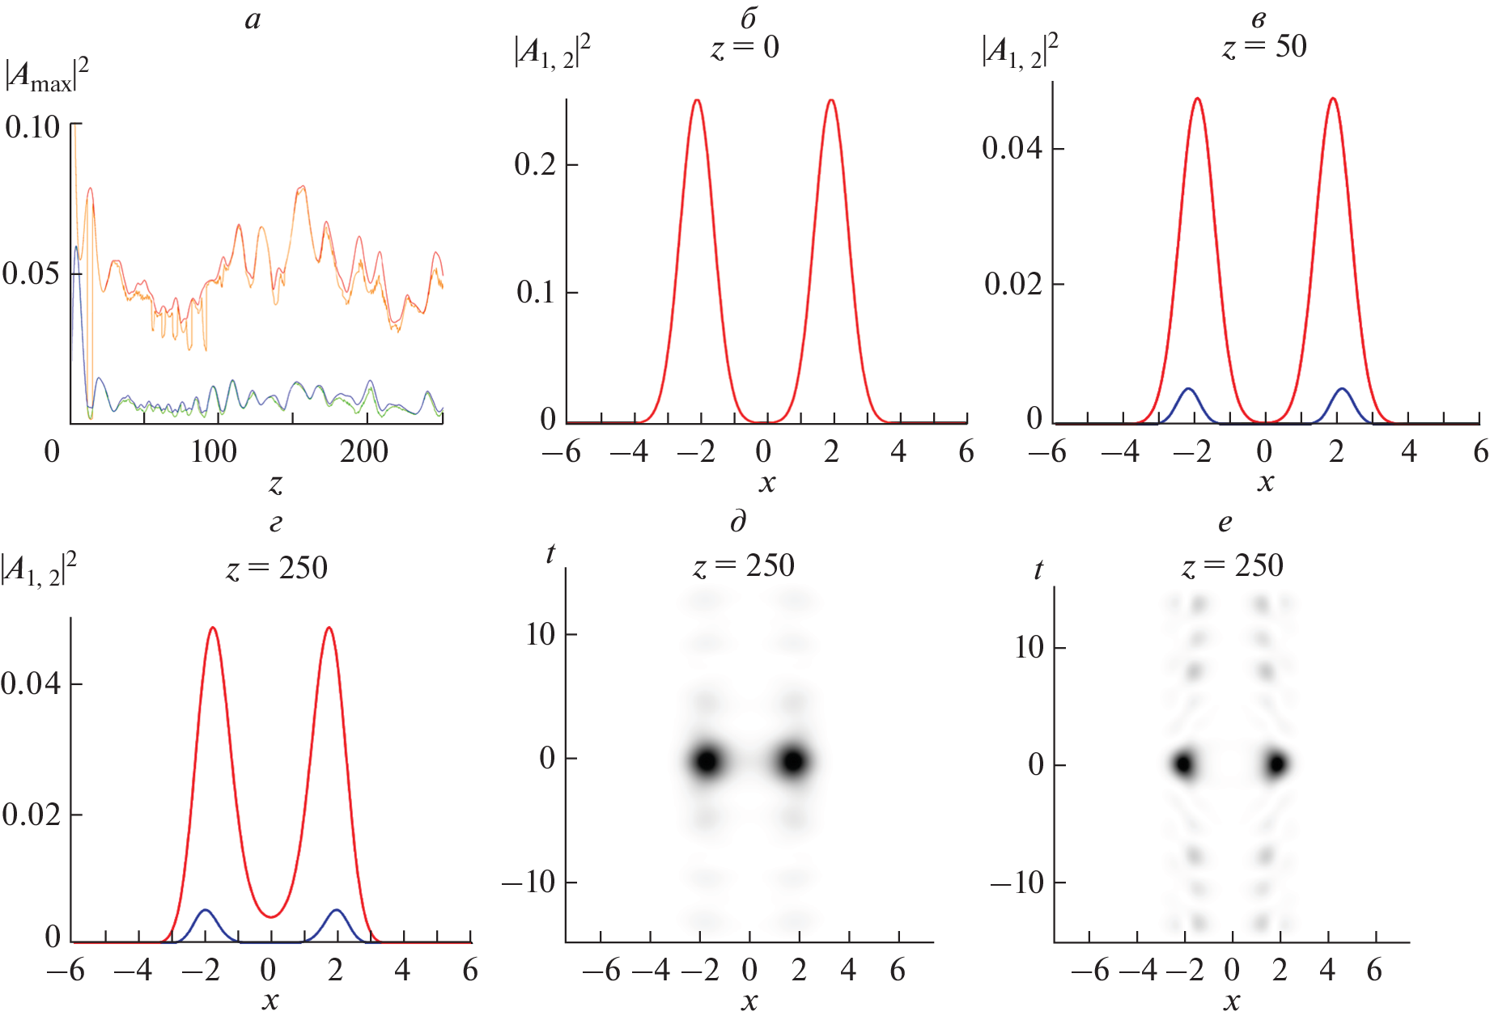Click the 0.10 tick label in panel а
point(32,127)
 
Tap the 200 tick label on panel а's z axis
point(363,451)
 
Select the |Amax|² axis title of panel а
point(47,76)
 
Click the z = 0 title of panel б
point(745,48)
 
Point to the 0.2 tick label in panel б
point(535,164)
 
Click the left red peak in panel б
point(696,101)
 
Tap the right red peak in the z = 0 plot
point(831,101)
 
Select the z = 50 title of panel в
point(1264,47)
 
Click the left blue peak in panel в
point(1188,390)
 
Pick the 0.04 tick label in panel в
point(1012,148)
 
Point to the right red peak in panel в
point(1332,99)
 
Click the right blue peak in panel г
point(337,911)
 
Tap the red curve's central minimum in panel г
point(272,916)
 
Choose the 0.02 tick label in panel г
point(31,815)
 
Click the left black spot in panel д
point(707,761)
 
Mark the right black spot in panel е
point(1277,764)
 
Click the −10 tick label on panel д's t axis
point(529,882)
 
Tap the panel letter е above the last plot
point(1225,523)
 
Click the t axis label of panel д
point(550,554)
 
